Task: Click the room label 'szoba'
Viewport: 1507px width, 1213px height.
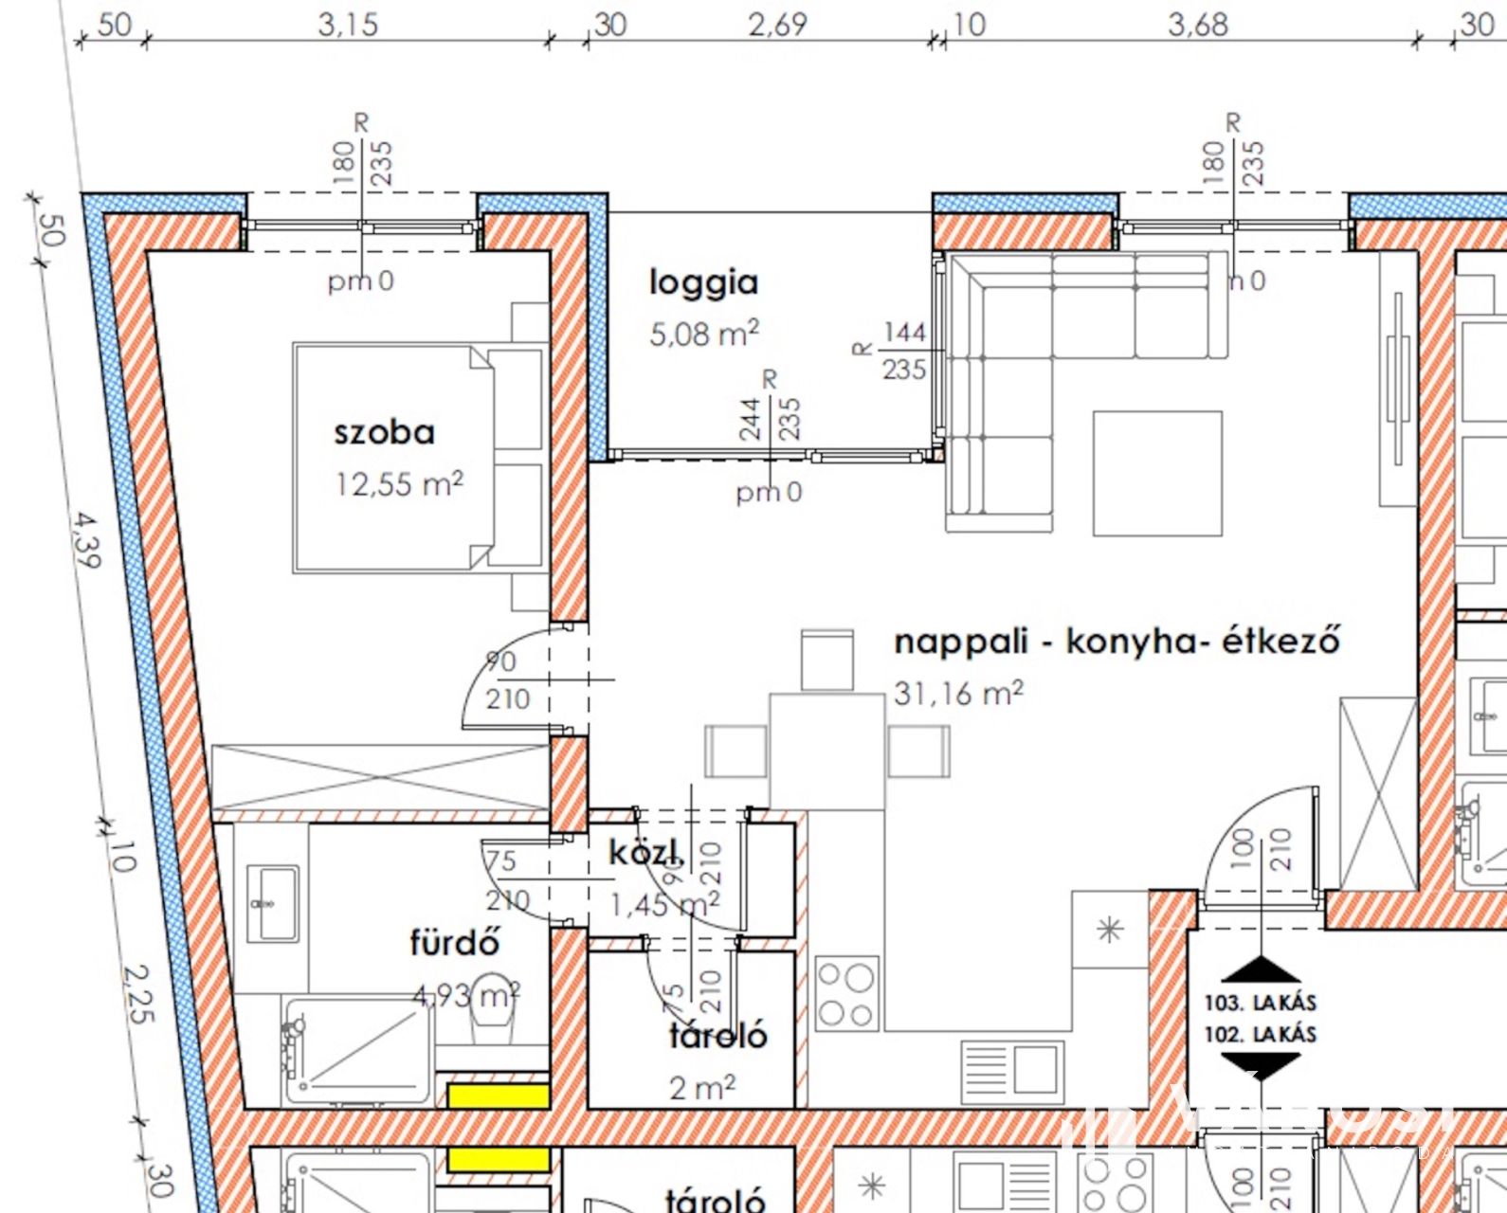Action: (x=384, y=433)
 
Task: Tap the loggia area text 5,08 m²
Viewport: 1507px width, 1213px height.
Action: (x=703, y=334)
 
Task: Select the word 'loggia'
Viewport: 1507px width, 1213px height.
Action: (x=703, y=282)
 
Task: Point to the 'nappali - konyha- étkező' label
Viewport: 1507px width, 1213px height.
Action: (x=1117, y=642)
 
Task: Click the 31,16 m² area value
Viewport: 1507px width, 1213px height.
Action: (x=957, y=693)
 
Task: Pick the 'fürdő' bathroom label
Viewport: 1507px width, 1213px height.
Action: (x=454, y=942)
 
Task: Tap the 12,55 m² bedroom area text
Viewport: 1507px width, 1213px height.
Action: (x=399, y=484)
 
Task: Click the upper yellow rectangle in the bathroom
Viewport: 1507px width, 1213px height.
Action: (x=499, y=1096)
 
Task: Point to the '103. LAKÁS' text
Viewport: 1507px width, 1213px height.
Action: (x=1260, y=1003)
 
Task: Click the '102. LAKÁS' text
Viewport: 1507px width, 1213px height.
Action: (x=1260, y=1034)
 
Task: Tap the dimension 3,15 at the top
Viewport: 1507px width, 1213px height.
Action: (x=348, y=25)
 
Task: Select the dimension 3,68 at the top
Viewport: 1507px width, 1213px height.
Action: (x=1197, y=25)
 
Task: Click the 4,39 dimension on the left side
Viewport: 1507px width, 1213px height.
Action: (x=85, y=540)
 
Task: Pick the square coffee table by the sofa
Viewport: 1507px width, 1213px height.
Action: (x=1157, y=473)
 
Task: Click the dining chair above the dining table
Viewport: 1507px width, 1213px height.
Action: (x=826, y=661)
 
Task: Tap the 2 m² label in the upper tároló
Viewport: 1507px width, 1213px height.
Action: (x=701, y=1088)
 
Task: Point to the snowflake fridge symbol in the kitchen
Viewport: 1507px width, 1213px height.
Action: (x=1109, y=930)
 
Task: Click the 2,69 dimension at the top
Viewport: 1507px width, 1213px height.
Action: (x=777, y=25)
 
